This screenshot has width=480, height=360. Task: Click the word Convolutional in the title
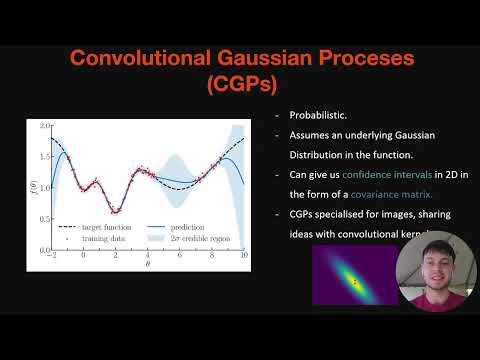[129, 59]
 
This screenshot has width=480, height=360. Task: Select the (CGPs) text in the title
[240, 86]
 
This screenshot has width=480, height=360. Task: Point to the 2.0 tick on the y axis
[43, 127]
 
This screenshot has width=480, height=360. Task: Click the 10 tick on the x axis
[245, 256]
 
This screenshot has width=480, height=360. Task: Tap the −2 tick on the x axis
[51, 256]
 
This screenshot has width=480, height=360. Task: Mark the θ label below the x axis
[148, 266]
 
